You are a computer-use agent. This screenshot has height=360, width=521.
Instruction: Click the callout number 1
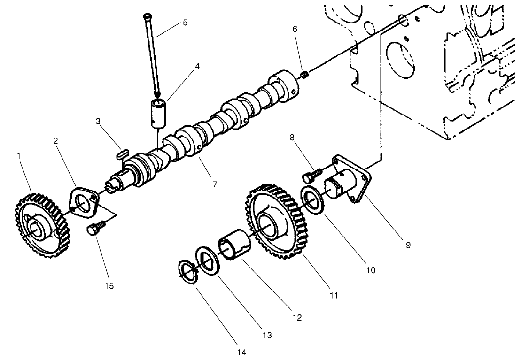pos(19,155)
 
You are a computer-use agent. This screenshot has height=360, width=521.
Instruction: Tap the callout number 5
pos(185,22)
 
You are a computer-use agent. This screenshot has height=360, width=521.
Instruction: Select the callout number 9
pos(408,245)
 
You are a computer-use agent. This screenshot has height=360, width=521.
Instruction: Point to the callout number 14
pos(242,352)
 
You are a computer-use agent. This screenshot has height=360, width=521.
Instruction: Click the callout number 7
pos(215,184)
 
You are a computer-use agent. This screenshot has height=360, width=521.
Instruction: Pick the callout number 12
pos(297,318)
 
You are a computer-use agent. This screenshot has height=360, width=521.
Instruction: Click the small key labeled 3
pos(123,153)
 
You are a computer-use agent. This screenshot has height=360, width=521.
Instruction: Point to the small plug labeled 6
pos(303,74)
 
